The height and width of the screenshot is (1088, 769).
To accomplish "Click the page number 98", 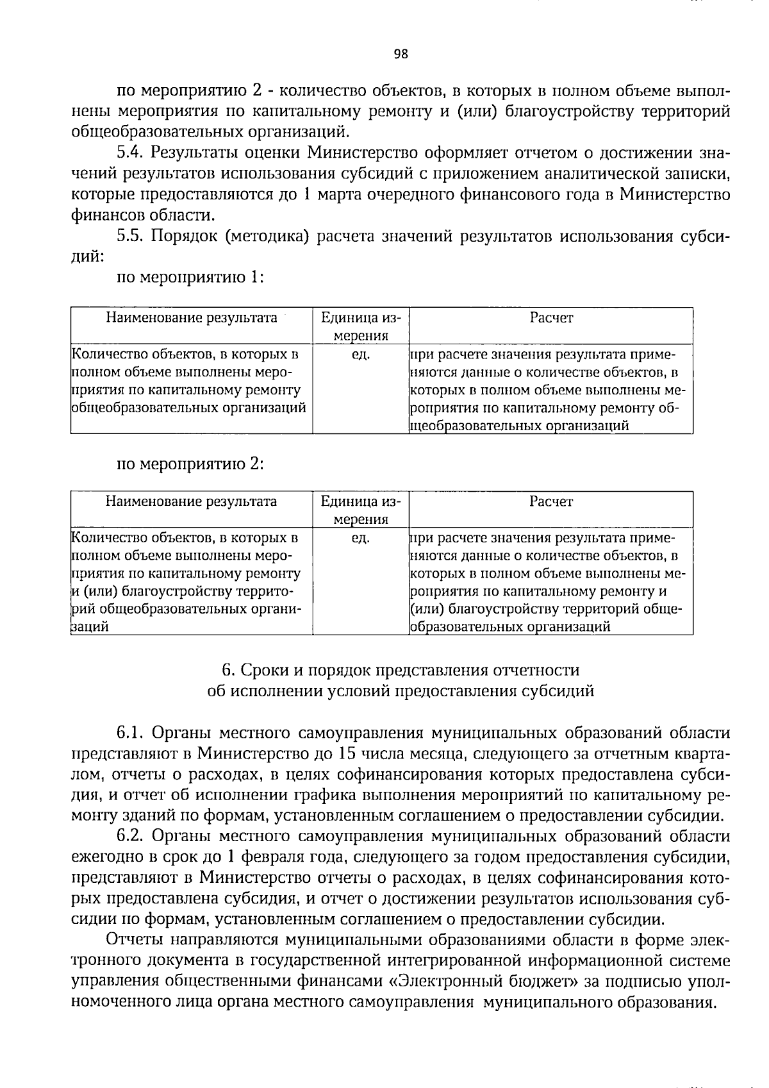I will [x=401, y=54].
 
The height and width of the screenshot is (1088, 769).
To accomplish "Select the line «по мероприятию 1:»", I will [x=190, y=278].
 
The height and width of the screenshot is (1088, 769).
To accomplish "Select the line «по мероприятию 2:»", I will [x=190, y=464].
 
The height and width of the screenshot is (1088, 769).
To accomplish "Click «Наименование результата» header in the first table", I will [x=191, y=318].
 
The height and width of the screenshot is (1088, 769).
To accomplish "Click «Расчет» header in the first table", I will [x=551, y=318].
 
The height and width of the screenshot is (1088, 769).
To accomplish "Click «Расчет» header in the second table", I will [x=551, y=502].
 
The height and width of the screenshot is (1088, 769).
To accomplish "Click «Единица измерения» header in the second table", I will [x=361, y=510].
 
